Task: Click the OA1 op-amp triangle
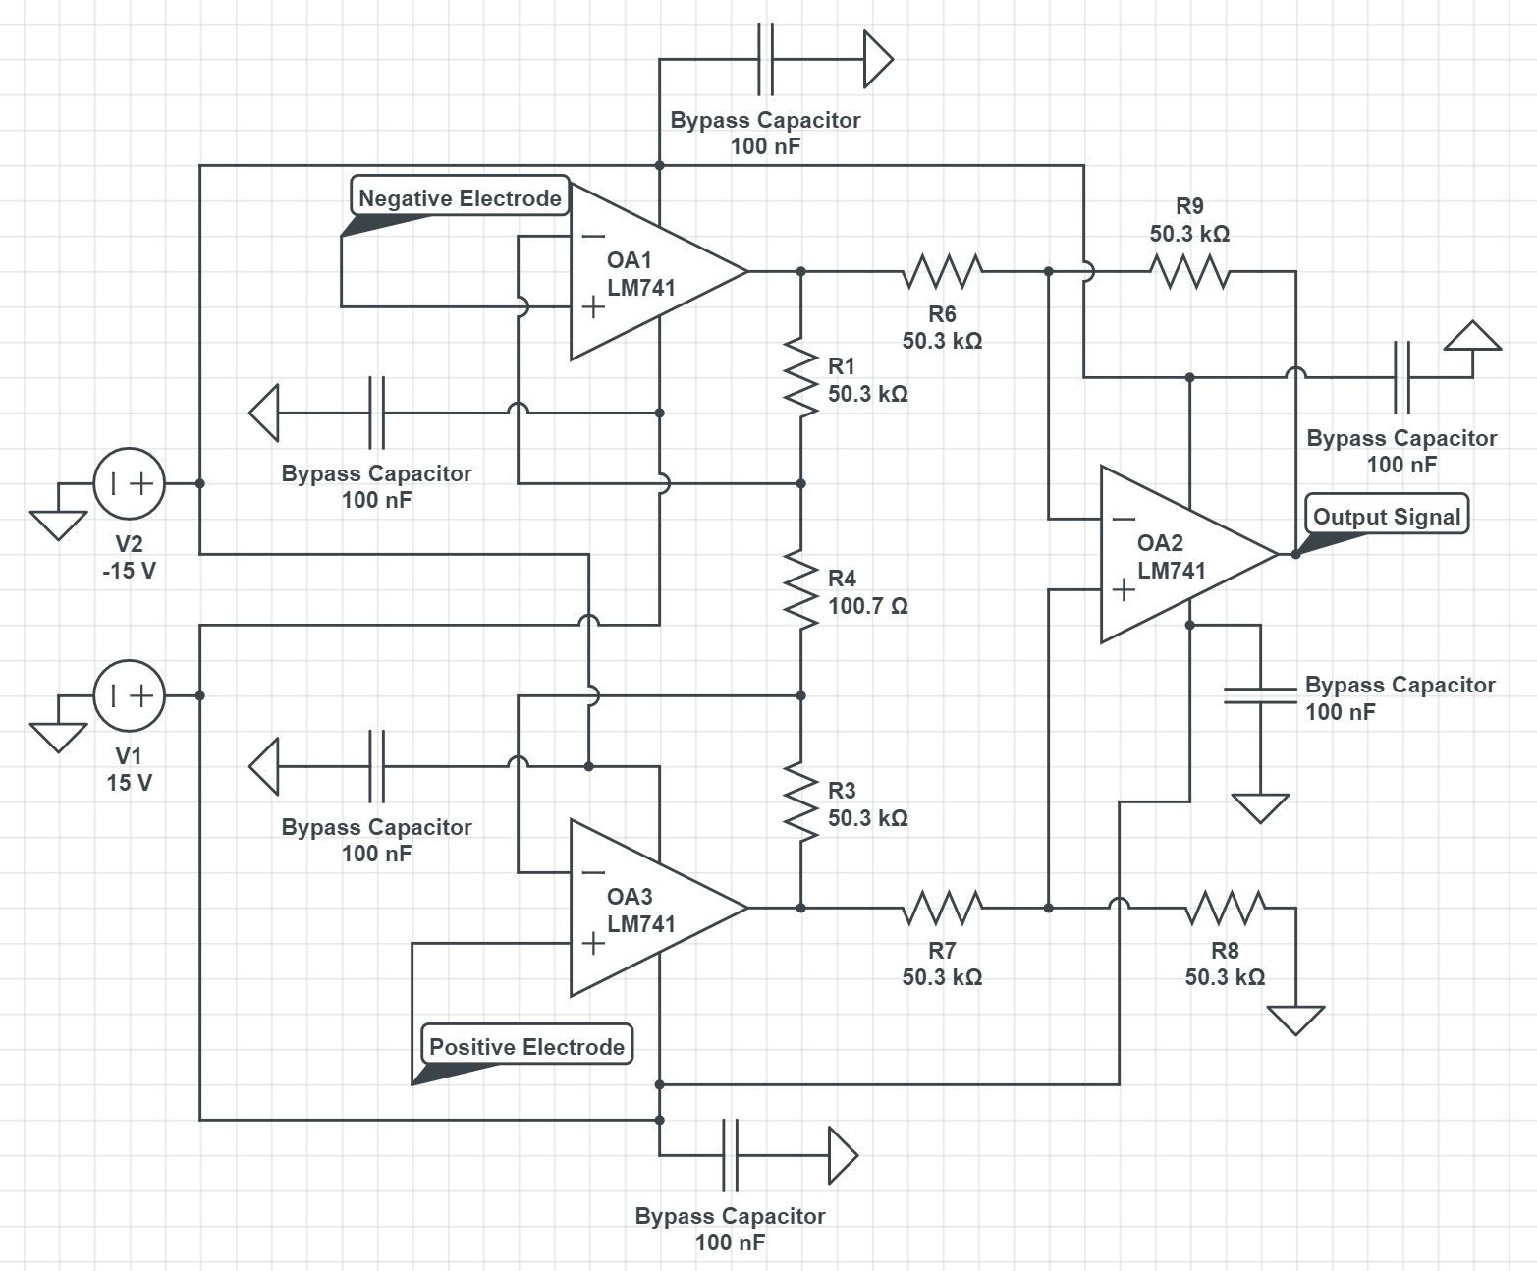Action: [648, 272]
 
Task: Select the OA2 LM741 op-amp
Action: [1179, 555]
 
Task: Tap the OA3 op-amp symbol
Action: [648, 909]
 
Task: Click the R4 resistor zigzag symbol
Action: [801, 590]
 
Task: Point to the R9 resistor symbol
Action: [1189, 271]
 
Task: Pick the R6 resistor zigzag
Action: [942, 271]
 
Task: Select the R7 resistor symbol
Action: [942, 908]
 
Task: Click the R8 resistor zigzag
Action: [1225, 908]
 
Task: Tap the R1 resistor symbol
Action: [801, 378]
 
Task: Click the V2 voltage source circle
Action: [130, 483]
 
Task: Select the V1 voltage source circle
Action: [130, 695]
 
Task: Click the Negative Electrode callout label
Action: [460, 197]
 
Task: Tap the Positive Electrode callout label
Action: [526, 1046]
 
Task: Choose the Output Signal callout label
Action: [1386, 516]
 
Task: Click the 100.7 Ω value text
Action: [867, 606]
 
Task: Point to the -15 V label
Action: [130, 571]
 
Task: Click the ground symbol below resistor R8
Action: [1295, 1020]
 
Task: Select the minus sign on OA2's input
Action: [1125, 519]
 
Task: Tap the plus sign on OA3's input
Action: [593, 944]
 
